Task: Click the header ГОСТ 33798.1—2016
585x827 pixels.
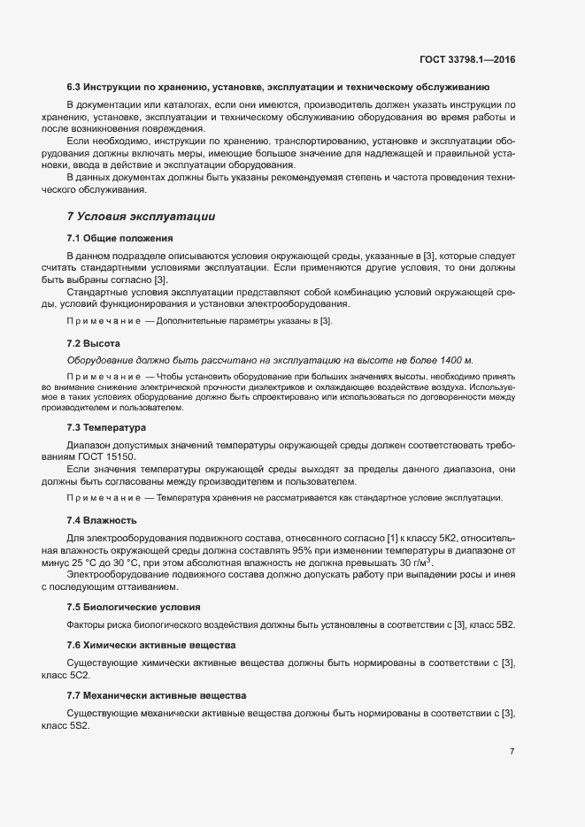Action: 467,59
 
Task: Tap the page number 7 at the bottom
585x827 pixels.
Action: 512,751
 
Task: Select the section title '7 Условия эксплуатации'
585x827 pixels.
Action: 141,216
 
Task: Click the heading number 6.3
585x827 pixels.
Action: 75,88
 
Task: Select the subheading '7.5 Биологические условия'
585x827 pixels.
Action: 134,607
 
